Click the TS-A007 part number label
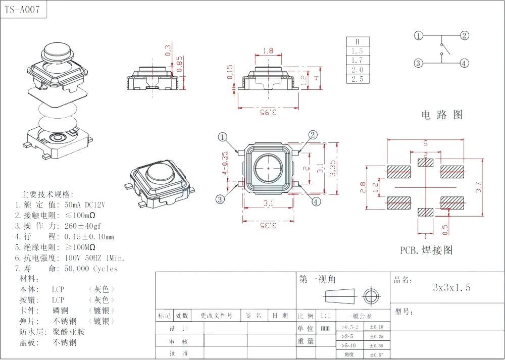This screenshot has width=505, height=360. [23, 10]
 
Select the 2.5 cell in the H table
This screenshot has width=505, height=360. [358, 79]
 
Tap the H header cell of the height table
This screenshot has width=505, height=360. [358, 42]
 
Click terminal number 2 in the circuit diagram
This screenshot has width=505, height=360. [464, 35]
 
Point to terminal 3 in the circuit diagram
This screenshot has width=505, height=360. [418, 63]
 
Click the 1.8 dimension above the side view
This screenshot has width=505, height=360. [268, 50]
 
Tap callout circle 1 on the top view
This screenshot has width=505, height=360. [223, 137]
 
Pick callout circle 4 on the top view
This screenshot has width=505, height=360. [316, 201]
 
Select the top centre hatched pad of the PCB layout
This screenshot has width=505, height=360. [426, 162]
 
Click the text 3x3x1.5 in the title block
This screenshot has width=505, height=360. [451, 288]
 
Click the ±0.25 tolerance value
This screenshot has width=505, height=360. [377, 336]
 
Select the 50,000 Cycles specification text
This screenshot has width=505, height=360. [91, 269]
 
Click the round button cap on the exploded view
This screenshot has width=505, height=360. [57, 50]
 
